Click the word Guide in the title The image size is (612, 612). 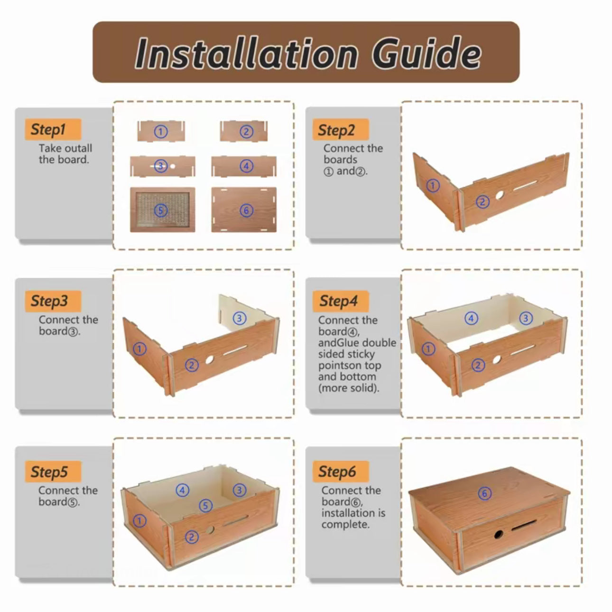(426, 53)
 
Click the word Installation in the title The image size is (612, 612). (246, 53)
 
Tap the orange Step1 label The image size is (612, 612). (53, 130)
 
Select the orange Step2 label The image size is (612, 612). (341, 130)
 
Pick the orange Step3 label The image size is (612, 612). (53, 301)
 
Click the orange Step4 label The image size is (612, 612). (341, 301)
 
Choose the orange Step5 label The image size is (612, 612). (53, 471)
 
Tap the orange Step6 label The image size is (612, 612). (341, 471)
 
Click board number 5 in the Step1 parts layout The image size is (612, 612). (163, 210)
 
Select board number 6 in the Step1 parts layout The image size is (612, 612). (244, 210)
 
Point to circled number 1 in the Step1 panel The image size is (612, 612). (161, 132)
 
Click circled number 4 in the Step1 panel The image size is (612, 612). (246, 166)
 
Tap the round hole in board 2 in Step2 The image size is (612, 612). (500, 195)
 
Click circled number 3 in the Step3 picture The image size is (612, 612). (240, 318)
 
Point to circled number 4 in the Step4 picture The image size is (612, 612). (471, 318)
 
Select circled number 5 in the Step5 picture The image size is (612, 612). (205, 505)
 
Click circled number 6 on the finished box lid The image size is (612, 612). (485, 493)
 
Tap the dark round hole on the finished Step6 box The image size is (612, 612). (499, 534)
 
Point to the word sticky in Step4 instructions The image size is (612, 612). (361, 354)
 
